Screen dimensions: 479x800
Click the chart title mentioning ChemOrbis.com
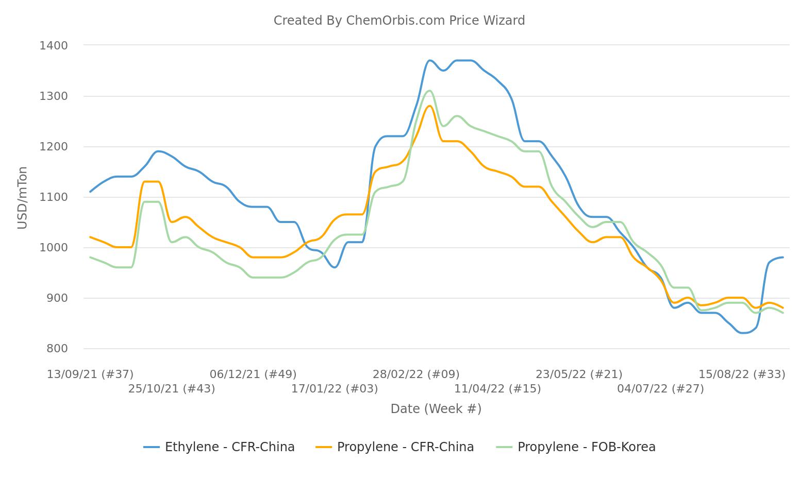[x=399, y=21]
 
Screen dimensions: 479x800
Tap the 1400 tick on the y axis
[x=54, y=46]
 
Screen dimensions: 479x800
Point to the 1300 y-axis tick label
[x=54, y=96]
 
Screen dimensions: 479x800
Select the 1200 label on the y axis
[x=54, y=147]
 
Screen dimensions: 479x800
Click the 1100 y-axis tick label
[x=54, y=197]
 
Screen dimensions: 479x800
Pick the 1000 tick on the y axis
[x=54, y=248]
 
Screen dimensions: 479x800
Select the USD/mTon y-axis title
[x=22, y=198]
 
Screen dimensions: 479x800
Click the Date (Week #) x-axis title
[x=436, y=409]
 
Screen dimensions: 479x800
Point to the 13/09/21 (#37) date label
[x=90, y=374]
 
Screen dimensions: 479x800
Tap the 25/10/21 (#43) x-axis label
[x=172, y=389]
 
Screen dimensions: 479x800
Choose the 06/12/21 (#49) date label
[x=253, y=374]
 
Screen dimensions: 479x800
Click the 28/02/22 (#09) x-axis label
[x=416, y=374]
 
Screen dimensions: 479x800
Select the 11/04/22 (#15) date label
[x=497, y=389]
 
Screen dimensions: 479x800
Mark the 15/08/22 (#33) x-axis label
[x=742, y=374]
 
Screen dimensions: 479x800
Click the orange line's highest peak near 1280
[x=429, y=106]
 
